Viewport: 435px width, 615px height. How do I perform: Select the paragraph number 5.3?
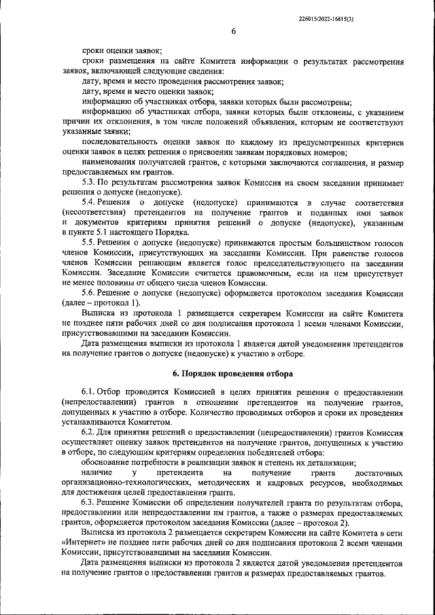[x=89, y=183]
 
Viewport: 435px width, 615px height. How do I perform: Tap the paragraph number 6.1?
[x=89, y=393]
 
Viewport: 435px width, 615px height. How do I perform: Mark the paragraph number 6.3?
[x=89, y=502]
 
